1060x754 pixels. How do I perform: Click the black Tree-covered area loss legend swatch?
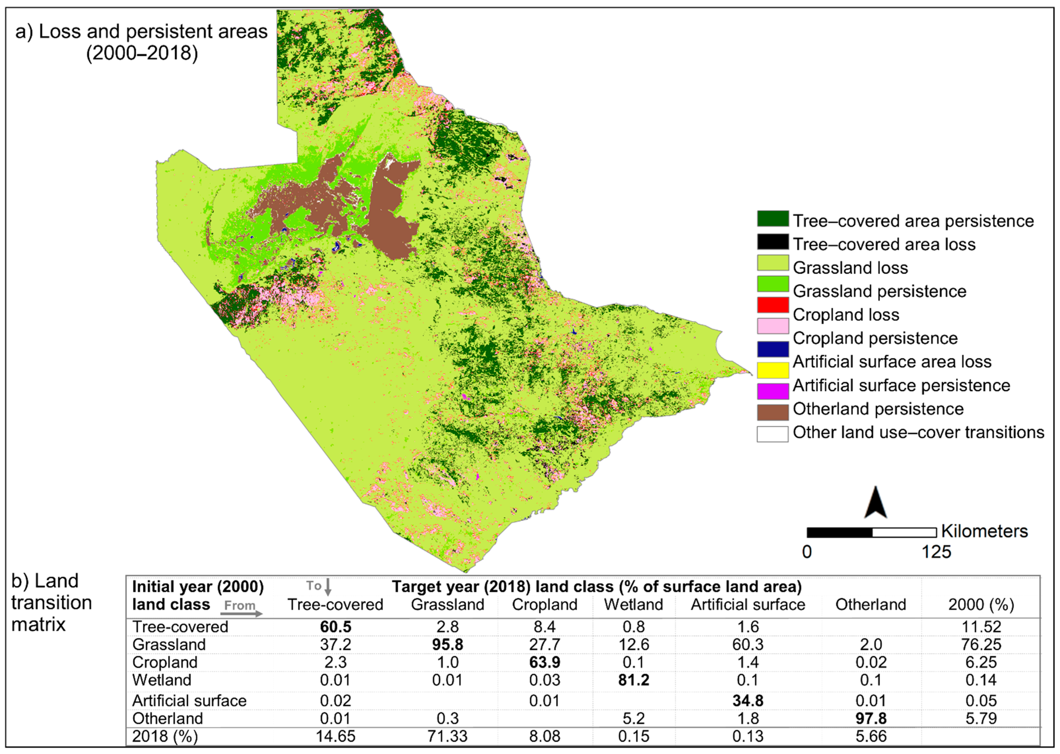(x=773, y=242)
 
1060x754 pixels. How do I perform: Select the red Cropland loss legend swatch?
(x=773, y=305)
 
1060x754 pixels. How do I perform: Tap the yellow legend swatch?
(x=773, y=370)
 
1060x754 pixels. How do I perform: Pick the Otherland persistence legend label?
(x=878, y=409)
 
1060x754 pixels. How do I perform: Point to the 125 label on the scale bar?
(x=936, y=552)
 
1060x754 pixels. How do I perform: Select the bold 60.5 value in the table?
(x=335, y=627)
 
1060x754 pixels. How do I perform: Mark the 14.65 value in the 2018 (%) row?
(x=335, y=736)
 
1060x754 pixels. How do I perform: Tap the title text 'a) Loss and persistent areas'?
(x=142, y=31)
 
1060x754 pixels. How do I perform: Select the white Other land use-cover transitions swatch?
(x=773, y=434)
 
